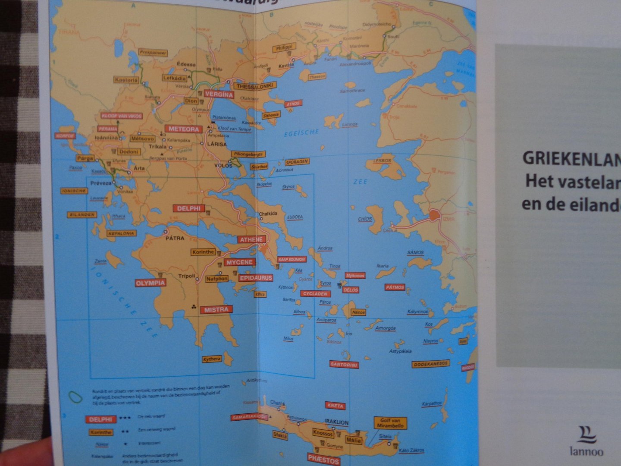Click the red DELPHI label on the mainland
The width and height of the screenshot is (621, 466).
189,208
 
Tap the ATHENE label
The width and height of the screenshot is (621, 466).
251,239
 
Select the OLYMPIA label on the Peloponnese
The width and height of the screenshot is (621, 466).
151,283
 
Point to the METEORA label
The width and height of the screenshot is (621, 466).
184,129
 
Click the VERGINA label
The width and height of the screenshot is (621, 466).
219,94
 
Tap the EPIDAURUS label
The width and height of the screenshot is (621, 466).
255,278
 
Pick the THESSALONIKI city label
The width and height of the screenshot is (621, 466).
255,86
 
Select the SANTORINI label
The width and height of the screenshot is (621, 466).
344,364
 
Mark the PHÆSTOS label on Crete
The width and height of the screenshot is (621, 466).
323,460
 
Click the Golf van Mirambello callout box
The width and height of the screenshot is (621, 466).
391,423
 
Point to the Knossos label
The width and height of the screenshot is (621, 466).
323,433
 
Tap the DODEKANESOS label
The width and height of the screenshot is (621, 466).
431,364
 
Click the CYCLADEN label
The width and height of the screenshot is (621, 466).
316,294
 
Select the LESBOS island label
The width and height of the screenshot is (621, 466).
382,161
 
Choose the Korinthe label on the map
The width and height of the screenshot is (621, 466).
203,252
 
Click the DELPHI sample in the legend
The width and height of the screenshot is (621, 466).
101,419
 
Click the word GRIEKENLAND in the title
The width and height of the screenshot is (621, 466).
571,158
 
